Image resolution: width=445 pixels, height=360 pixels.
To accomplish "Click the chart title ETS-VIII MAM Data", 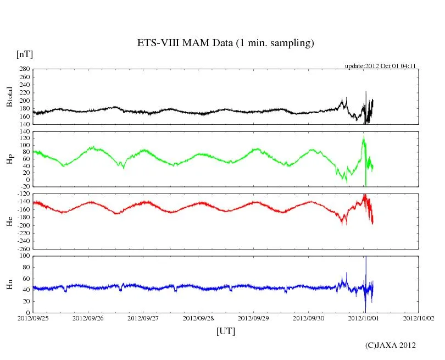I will coord(225,43).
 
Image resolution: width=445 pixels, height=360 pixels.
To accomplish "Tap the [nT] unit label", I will coord(24,54).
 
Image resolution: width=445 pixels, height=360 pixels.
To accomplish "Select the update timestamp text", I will coord(380,65).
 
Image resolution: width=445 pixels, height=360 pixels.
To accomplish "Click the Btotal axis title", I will coord(9,96).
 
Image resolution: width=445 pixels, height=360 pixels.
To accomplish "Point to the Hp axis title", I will coord(9,159).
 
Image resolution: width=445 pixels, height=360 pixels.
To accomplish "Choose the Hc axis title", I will coord(9,221).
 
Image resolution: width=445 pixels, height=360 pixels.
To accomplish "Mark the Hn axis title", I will coord(9,284).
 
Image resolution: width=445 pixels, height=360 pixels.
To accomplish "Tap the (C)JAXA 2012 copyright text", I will coord(391,345).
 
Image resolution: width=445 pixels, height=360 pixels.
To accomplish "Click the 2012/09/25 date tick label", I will coord(32,318).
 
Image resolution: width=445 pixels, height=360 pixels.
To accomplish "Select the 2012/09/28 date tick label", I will coord(198,318).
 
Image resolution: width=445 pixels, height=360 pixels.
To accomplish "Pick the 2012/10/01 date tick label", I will coord(364,318).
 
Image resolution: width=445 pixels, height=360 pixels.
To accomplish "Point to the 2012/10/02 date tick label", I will coord(419,318).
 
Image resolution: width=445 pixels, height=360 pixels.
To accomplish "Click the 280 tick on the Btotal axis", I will coord(24,69).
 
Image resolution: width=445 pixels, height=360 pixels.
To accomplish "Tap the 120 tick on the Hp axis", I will coord(24,132).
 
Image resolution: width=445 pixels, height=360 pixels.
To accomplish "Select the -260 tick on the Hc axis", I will coord(23,248).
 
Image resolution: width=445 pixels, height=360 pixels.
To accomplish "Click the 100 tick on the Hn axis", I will coord(24,256).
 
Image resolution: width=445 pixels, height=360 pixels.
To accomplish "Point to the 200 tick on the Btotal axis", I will coord(24,101).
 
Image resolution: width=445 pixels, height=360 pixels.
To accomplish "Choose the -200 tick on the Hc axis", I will coord(23,225).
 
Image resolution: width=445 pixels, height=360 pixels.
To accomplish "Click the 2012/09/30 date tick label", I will coord(308,318).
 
